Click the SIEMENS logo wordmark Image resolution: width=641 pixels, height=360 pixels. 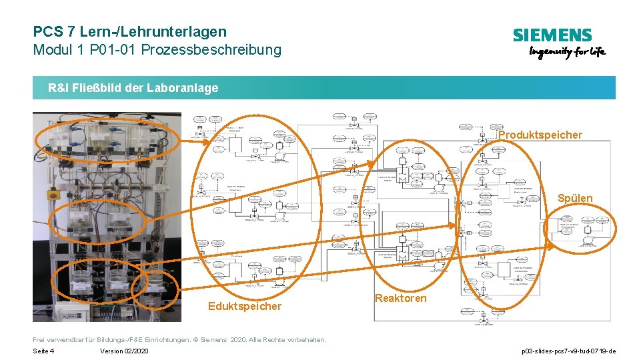552,35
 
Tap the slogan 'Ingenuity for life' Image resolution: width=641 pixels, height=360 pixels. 567,53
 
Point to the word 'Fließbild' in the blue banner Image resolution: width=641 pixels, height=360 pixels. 101,88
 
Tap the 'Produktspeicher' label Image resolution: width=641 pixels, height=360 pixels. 540,135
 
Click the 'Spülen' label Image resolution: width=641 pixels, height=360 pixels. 574,198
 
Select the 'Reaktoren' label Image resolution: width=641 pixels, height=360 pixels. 400,298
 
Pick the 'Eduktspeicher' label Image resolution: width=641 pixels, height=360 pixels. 244,306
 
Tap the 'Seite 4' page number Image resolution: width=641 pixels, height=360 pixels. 43,351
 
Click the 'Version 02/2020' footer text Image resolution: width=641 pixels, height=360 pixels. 124,351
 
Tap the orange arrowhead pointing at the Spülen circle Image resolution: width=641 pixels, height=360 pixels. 550,245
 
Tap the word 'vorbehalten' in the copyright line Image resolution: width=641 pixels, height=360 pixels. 306,339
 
